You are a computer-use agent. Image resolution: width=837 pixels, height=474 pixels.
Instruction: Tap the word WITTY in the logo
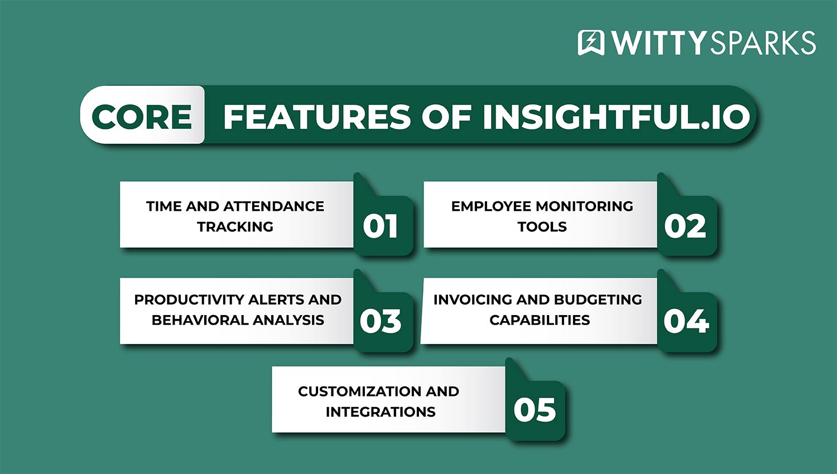(x=658, y=43)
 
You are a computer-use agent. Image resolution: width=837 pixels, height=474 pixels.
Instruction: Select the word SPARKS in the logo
(x=762, y=43)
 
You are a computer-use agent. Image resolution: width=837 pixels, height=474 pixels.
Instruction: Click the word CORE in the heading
(x=142, y=117)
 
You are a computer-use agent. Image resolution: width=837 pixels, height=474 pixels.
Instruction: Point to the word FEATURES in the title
(x=318, y=117)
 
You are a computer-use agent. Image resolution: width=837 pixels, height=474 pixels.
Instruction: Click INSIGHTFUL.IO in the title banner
(x=616, y=117)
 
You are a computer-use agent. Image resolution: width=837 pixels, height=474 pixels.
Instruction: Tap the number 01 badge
(x=380, y=226)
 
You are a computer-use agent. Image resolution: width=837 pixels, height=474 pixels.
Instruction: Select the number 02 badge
(x=685, y=226)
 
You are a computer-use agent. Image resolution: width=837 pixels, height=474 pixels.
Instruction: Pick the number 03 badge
(x=381, y=321)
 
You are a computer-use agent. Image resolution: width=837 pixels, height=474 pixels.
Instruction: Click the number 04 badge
(x=686, y=321)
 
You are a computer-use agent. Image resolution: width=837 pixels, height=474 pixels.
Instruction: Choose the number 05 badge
(x=535, y=410)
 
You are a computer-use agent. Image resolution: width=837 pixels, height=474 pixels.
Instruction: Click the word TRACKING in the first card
(x=235, y=227)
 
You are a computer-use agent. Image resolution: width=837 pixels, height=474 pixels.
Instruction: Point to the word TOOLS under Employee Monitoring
(x=542, y=227)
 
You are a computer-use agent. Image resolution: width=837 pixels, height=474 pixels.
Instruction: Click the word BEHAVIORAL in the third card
(x=200, y=320)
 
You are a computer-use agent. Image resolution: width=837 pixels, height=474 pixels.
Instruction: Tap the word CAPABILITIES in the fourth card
(x=540, y=320)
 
